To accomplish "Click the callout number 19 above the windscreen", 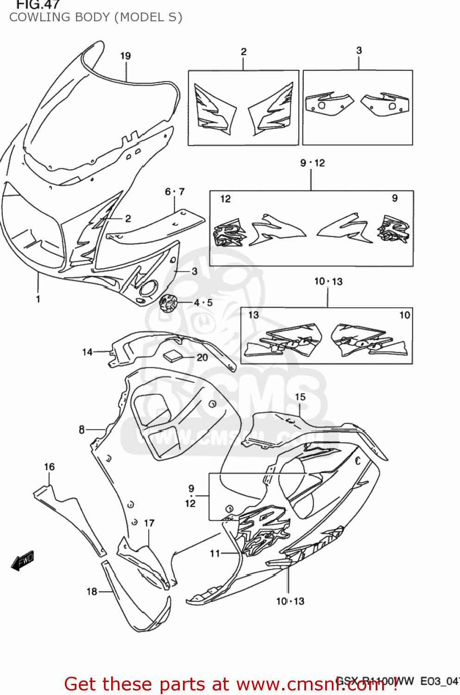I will click(x=126, y=56).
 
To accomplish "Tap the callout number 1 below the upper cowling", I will click(x=38, y=299).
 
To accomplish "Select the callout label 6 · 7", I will click(x=175, y=192).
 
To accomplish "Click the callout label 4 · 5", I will click(x=203, y=303).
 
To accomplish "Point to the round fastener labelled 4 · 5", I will click(x=168, y=303).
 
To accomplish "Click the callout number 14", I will click(x=87, y=352).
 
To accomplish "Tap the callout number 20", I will click(x=202, y=357).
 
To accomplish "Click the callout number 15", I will click(x=300, y=397).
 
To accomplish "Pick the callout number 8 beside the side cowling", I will click(x=82, y=430).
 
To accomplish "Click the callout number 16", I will click(x=49, y=467).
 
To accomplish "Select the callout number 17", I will click(x=149, y=523).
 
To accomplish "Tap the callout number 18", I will click(x=92, y=592).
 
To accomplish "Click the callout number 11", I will click(x=214, y=553).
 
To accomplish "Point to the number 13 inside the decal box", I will click(x=253, y=315).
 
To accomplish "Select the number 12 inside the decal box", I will click(x=225, y=199).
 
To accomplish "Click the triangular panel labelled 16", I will click(x=69, y=514).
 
